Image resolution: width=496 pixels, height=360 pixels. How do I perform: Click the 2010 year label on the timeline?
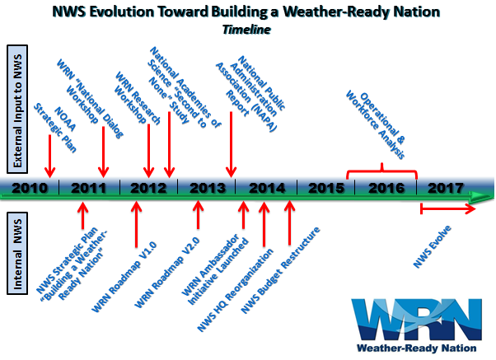coord(30,188)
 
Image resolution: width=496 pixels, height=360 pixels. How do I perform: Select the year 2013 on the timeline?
coord(208,188)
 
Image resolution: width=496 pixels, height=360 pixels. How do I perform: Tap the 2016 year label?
coord(386,188)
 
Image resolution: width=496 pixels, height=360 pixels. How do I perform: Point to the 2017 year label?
coord(446,188)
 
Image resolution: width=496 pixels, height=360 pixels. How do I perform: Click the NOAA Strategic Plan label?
coord(55,128)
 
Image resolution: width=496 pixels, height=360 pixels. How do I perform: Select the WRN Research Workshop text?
coord(137,98)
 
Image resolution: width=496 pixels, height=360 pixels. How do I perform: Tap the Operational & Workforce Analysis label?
coord(375,125)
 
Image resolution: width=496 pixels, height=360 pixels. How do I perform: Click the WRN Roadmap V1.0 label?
coord(124,277)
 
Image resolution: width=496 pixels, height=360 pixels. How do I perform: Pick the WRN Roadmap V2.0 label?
coord(167,273)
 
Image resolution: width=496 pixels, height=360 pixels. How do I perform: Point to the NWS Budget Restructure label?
coord(281,270)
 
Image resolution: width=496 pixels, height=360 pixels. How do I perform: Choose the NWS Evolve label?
coord(432,247)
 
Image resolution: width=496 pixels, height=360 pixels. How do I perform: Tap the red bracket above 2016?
coord(381,171)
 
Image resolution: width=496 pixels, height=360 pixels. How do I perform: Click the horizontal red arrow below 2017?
coord(447,208)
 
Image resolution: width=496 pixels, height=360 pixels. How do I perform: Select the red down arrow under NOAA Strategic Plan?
coord(49,156)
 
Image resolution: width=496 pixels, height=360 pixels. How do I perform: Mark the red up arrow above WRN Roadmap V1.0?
coord(136,224)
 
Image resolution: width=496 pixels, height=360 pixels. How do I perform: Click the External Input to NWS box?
coord(17,109)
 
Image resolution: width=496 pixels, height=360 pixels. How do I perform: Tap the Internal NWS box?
coord(17,254)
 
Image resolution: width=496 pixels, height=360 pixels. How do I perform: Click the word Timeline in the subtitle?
coord(246,30)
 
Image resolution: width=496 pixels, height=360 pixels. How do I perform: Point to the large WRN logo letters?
coord(417,320)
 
